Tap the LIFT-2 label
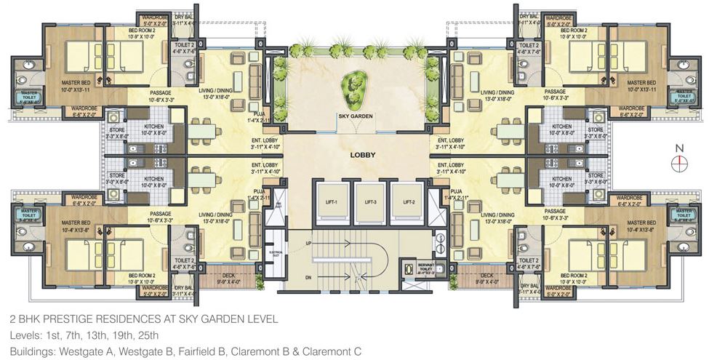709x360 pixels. click(406, 201)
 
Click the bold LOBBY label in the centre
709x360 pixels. click(363, 155)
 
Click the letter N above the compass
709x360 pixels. click(680, 148)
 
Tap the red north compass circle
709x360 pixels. click(680, 163)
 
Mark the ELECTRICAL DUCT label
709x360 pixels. click(274, 255)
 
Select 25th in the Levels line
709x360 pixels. click(145, 335)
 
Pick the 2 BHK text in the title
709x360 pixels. click(24, 319)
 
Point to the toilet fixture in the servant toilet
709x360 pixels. click(409, 268)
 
